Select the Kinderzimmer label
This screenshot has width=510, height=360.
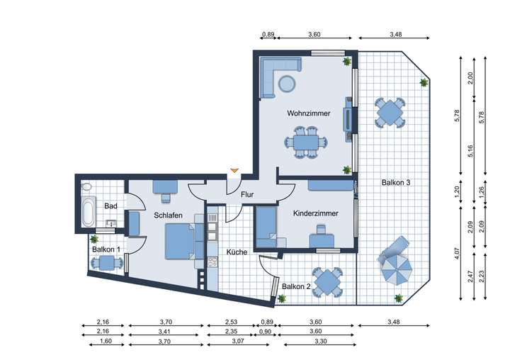315,213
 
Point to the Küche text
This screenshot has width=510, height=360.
237,252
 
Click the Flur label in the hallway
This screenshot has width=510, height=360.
247,194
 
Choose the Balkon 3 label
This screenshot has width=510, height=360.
396,182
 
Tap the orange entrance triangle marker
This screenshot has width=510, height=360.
234,171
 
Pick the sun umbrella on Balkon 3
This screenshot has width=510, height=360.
395,269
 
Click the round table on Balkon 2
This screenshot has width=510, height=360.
327,281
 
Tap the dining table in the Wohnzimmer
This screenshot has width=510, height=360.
305,142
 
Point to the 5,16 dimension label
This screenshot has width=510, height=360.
470,150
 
